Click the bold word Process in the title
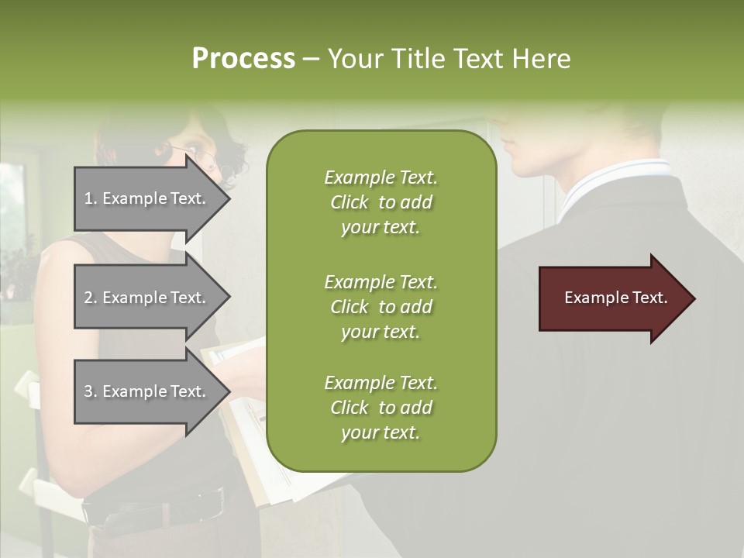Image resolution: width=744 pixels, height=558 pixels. pyautogui.click(x=243, y=59)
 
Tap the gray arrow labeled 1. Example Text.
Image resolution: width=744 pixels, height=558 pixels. pyautogui.click(x=147, y=198)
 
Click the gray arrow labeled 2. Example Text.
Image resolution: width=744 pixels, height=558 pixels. pyautogui.click(x=147, y=298)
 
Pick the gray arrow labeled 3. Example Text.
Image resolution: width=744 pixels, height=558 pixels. pyautogui.click(x=147, y=391)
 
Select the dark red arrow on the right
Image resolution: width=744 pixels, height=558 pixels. pyautogui.click(x=612, y=298)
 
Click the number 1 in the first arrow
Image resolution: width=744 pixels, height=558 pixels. pyautogui.click(x=88, y=198)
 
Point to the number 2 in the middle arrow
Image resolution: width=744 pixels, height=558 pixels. pyautogui.click(x=88, y=298)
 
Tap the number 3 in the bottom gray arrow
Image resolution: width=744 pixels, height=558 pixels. pyautogui.click(x=88, y=391)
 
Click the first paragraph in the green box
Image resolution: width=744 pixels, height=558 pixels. pyautogui.click(x=381, y=202)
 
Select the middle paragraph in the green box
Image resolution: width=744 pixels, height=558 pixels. pyautogui.click(x=381, y=306)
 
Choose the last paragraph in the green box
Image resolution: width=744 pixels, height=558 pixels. pyautogui.click(x=381, y=408)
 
